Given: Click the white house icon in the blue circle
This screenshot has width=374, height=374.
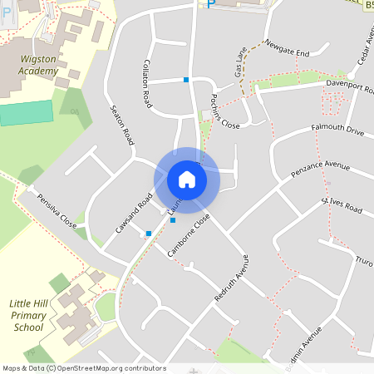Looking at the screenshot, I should coord(187,180).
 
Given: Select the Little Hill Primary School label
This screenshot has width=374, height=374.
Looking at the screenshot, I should coord(29,316).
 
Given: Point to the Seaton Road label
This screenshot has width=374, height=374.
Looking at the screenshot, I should coord(122,125).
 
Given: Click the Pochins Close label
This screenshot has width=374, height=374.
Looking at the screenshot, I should coord(224,111).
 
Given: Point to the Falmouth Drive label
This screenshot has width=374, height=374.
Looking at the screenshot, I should coord(337,130).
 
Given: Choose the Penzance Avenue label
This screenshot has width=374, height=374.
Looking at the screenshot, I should coord(321,171).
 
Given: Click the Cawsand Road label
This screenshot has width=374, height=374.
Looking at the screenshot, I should coord(134,214).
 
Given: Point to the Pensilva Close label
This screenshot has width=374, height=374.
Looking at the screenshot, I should coord(57,214).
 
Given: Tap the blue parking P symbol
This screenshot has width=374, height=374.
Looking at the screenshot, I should coord(209,3).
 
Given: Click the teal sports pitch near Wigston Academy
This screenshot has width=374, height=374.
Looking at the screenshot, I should coord(26,111).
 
